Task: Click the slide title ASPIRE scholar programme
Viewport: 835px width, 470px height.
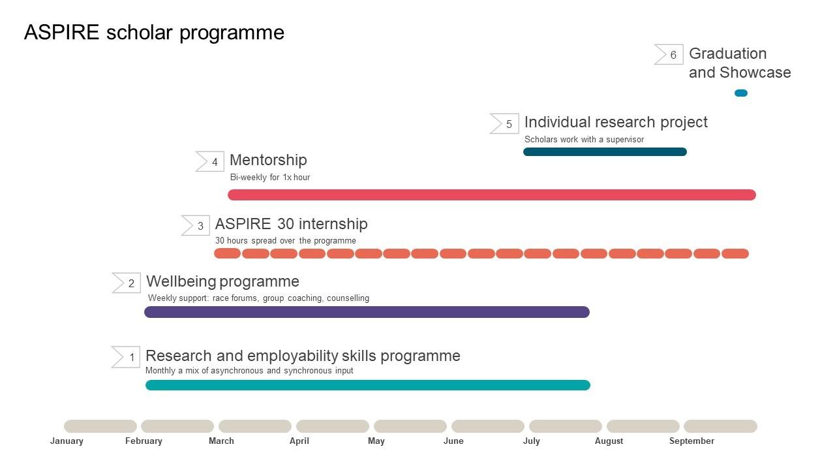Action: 154,33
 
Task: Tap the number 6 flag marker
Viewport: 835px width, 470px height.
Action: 669,55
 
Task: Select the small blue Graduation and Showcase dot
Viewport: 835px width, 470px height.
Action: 740,93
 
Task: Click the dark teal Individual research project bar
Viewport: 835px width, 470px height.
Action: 605,152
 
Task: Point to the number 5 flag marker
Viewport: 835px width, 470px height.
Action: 505,123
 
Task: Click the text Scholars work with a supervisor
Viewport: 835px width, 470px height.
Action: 584,140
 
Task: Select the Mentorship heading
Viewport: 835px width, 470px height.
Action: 268,160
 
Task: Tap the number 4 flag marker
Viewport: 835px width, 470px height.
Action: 211,162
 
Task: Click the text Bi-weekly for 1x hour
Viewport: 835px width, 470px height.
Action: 270,178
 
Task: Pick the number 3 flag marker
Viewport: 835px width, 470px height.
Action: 196,226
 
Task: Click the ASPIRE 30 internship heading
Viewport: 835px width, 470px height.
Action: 291,224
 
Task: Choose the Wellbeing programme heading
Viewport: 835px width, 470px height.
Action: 222,281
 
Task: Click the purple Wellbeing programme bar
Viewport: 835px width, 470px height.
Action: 367,312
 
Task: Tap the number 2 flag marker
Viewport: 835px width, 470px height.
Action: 127,283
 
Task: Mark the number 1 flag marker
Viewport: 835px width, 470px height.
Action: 127,357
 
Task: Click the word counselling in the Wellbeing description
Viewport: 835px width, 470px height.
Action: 348,298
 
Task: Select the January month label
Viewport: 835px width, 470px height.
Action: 67,441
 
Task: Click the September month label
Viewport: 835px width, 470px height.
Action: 691,441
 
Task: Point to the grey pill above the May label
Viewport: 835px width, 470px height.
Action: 410,426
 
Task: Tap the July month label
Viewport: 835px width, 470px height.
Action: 531,441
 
